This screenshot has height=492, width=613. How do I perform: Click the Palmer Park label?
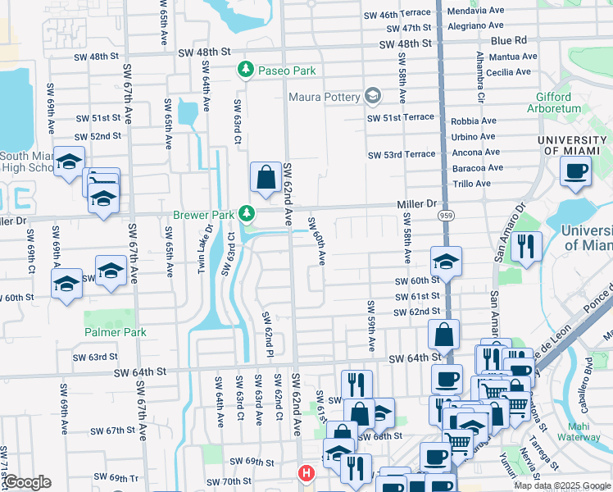coord(115,332)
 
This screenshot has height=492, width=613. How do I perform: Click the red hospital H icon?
coord(306,473)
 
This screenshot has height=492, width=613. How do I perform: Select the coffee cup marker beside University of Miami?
coord(575,171)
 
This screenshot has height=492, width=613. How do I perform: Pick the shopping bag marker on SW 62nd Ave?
coord(266,177)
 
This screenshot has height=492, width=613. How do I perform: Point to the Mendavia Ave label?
coord(475,13)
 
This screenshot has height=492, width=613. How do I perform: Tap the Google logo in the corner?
coord(27,482)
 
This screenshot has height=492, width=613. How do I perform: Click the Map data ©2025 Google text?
coord(562,485)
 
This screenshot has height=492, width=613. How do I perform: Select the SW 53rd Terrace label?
coord(402,154)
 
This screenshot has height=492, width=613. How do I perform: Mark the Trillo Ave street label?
coord(471,183)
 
